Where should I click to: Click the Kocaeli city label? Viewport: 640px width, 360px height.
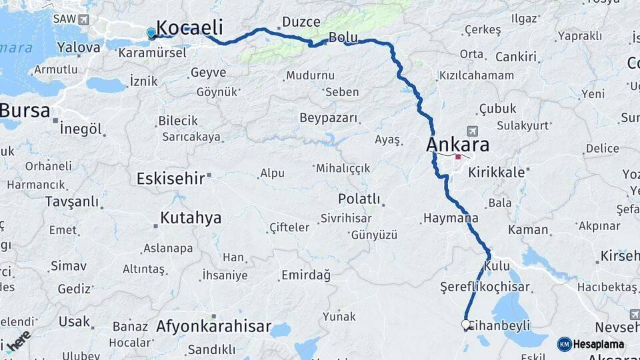(x=189, y=27)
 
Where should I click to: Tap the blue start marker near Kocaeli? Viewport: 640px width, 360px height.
(x=151, y=32)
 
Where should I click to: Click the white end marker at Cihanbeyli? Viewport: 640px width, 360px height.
(x=466, y=324)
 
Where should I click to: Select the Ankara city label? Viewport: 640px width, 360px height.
(x=458, y=145)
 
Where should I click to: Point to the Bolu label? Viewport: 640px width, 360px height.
(x=343, y=37)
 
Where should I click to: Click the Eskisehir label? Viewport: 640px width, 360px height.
(x=170, y=178)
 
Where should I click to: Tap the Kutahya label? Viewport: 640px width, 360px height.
(x=191, y=218)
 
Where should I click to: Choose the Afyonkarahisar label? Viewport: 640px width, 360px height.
(x=213, y=327)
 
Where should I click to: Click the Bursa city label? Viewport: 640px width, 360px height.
(x=25, y=111)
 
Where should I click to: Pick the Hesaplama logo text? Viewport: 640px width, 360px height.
(x=598, y=344)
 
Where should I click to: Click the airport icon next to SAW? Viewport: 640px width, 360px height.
(x=83, y=20)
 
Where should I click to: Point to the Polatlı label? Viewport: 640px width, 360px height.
(x=359, y=199)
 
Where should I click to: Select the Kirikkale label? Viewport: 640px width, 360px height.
(x=497, y=172)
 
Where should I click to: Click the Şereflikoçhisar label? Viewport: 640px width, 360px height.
(x=485, y=287)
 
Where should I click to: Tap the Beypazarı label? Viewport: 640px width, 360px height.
(x=329, y=118)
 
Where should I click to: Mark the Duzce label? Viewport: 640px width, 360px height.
(x=301, y=22)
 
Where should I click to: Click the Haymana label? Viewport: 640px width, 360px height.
(x=451, y=218)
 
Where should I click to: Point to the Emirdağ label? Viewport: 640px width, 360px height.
(x=306, y=275)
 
